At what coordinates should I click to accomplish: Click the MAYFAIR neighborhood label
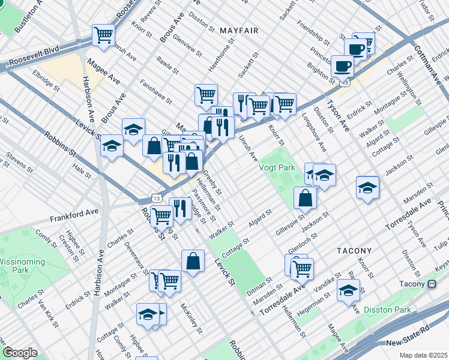click(x=238, y=30)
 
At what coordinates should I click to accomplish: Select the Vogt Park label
click(x=277, y=168)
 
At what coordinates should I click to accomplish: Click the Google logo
click(x=20, y=353)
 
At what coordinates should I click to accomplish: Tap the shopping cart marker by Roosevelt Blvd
click(x=103, y=34)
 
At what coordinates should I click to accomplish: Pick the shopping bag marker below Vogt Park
click(x=306, y=197)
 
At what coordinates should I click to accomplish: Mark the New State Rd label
click(x=409, y=342)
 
